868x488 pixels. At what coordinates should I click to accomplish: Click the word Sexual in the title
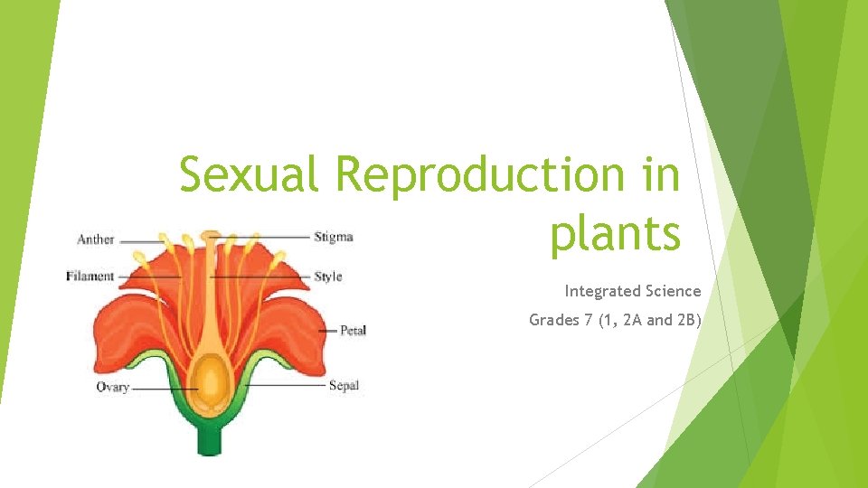[249, 174]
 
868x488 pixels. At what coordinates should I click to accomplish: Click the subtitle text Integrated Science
[633, 291]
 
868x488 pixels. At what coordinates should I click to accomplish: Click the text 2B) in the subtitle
[686, 320]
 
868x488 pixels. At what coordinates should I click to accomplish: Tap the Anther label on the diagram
[96, 239]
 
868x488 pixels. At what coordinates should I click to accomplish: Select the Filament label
[90, 277]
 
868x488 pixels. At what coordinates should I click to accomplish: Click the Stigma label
[334, 238]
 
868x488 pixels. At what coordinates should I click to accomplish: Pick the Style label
[328, 277]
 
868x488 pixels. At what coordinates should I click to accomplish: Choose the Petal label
[353, 332]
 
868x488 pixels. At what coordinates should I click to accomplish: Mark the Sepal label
[344, 386]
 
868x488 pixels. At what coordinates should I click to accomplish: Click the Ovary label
[113, 388]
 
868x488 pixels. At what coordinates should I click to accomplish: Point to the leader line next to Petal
[326, 332]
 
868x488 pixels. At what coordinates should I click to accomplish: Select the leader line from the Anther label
[139, 240]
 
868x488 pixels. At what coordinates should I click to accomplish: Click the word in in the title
[663, 174]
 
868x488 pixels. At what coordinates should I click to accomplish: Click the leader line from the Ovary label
[163, 389]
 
